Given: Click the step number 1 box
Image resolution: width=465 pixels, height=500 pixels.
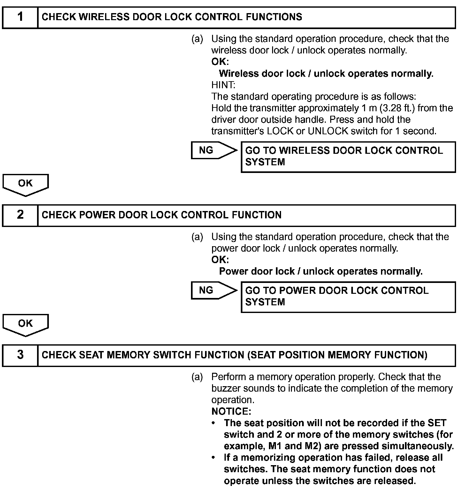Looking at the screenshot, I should coord(20,17).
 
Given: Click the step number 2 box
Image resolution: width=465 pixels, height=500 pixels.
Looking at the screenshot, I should coord(20,215).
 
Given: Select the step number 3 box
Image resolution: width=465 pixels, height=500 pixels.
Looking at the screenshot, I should coord(20,355).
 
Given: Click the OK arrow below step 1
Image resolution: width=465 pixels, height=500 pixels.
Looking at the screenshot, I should coord(26,184).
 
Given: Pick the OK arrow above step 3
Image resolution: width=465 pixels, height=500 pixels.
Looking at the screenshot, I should coord(26,324).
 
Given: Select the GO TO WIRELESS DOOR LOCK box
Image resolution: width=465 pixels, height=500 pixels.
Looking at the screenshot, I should coord(348,157).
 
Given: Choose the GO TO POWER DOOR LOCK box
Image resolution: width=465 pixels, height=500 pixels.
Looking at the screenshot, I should coord(348,296).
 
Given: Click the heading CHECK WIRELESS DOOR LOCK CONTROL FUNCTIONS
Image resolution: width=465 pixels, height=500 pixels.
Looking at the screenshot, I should coord(172,17).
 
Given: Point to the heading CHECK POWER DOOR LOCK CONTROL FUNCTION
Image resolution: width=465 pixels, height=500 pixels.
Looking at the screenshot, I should coord(162,215).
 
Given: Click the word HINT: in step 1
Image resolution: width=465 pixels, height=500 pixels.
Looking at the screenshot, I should coord(223,85).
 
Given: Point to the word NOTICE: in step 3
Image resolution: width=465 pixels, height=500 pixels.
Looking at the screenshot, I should coord(231,411).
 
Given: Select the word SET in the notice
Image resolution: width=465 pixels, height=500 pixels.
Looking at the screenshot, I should coord(437,423).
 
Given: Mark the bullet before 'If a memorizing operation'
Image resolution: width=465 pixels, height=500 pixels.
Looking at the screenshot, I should coord(213,458).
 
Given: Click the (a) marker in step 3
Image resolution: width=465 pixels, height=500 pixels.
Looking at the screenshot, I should coord(197,377).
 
